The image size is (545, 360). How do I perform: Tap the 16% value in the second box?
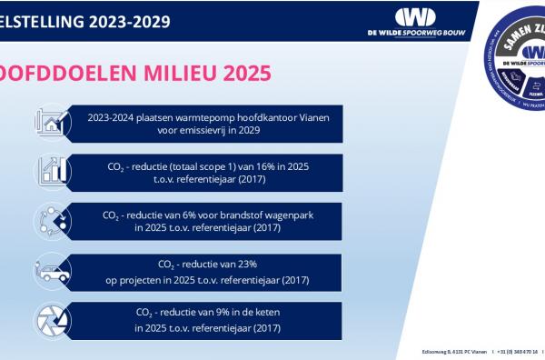(x=249, y=166)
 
